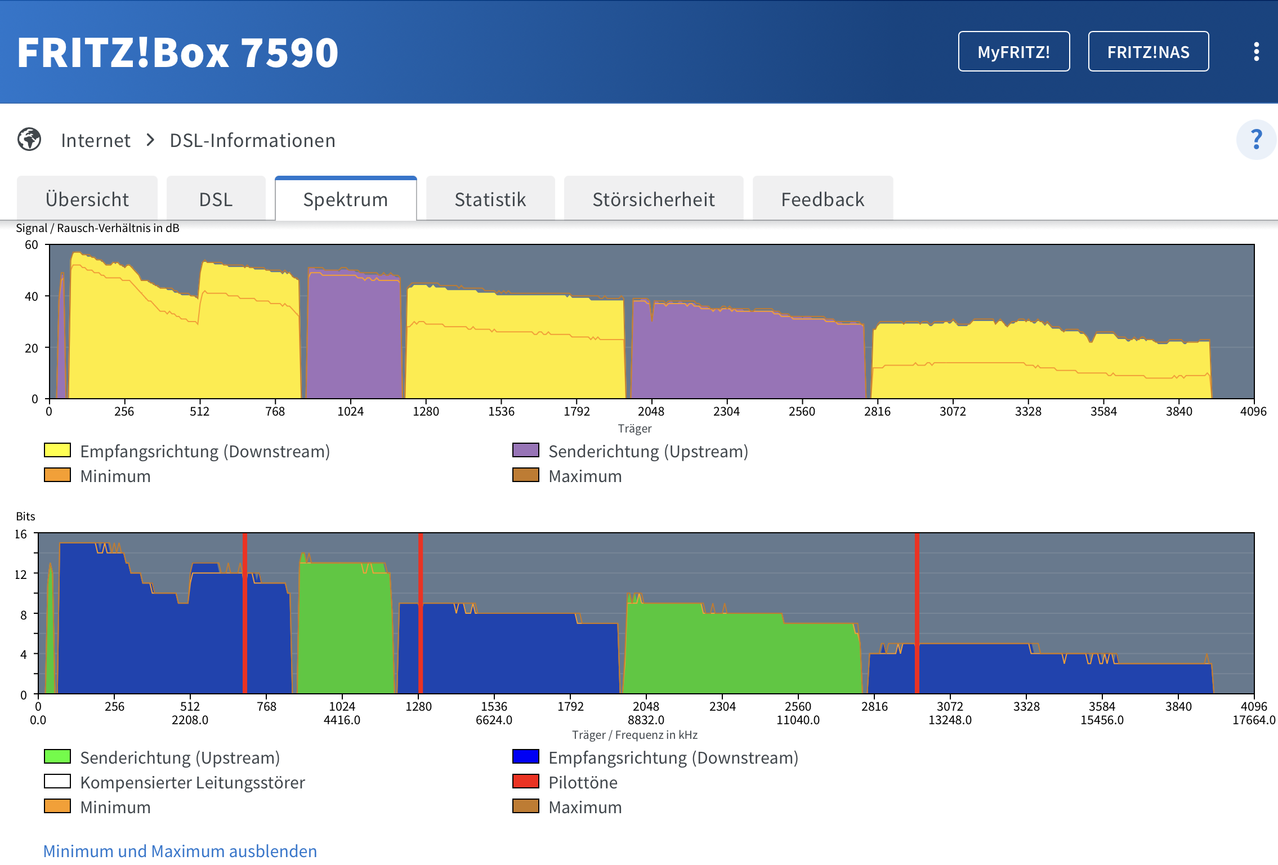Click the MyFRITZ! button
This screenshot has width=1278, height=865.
tap(1014, 52)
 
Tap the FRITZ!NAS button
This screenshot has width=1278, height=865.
tap(1149, 52)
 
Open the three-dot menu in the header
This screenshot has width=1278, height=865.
tap(1257, 52)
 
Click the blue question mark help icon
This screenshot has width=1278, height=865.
tap(1256, 140)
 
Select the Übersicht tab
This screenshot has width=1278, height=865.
tap(87, 199)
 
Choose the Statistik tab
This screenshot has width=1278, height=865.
tap(490, 199)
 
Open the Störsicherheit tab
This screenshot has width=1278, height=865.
tap(654, 199)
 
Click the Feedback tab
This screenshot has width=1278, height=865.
tap(823, 199)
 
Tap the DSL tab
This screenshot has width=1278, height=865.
tap(216, 199)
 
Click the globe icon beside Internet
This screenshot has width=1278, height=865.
tap(29, 140)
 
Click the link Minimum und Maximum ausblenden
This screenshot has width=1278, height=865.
tap(180, 851)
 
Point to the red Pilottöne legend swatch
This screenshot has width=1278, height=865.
tap(526, 782)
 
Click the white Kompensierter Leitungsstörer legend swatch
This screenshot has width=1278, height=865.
tap(57, 782)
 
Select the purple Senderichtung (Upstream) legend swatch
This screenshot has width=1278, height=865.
tap(526, 451)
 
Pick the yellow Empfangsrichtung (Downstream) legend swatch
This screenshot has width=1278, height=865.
tap(57, 451)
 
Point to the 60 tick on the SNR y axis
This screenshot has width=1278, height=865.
tap(32, 245)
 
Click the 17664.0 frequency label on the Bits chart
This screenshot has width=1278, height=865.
tap(1254, 720)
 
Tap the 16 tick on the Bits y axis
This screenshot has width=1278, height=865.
tap(21, 534)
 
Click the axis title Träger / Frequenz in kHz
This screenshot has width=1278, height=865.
tap(635, 735)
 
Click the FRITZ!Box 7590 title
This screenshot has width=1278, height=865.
tap(178, 52)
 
